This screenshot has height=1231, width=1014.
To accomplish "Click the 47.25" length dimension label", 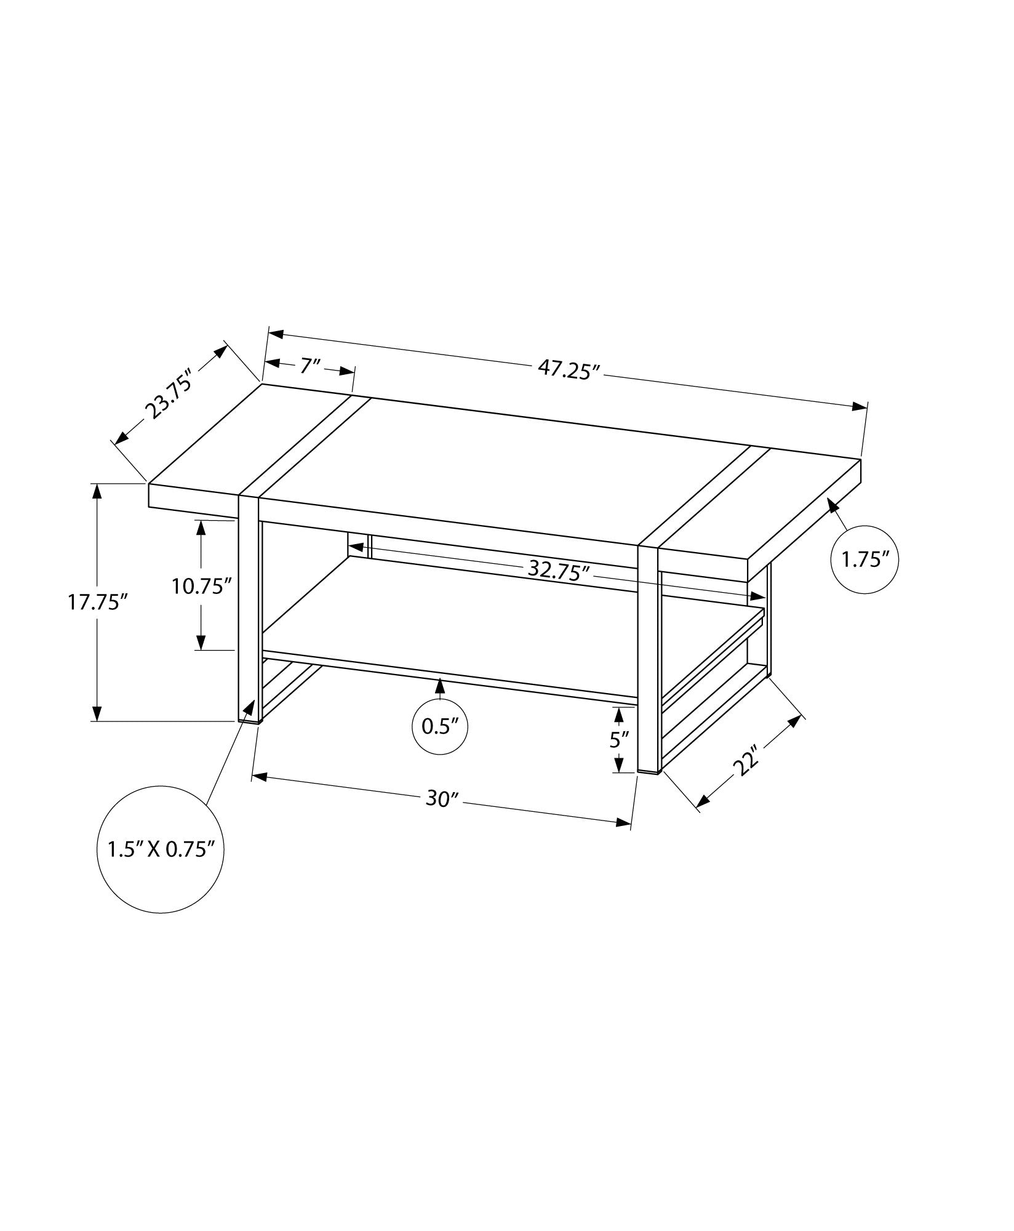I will [569, 370].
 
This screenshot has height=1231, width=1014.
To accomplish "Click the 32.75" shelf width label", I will [559, 572].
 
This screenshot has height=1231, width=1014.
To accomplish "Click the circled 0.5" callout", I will [440, 727].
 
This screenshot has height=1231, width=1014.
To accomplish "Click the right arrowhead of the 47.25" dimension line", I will [860, 406].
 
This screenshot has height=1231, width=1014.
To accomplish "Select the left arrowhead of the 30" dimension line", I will [260, 778].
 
